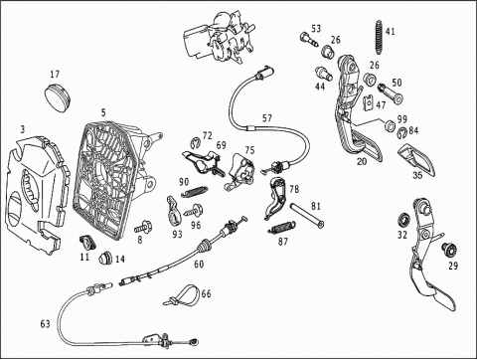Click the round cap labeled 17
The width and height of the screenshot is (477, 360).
pyautogui.click(x=58, y=97)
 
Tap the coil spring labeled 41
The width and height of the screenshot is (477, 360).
pyautogui.click(x=379, y=38)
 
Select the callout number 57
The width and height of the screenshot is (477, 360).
pyautogui.click(x=267, y=118)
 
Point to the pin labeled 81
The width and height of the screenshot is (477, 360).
pyautogui.click(x=307, y=216)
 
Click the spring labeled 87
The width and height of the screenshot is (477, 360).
pyautogui.click(x=282, y=228)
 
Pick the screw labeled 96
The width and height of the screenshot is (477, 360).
pyautogui.click(x=195, y=210)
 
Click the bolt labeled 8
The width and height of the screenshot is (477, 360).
pyautogui.click(x=143, y=228)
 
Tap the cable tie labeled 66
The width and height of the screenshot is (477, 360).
pyautogui.click(x=182, y=294)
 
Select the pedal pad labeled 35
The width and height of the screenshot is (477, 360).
pyautogui.click(x=416, y=158)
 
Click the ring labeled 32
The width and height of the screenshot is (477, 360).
pyautogui.click(x=403, y=219)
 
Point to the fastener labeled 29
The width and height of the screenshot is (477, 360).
pyautogui.click(x=449, y=250)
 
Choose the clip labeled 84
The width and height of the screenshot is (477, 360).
pyautogui.click(x=401, y=132)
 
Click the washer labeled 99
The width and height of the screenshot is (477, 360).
pyautogui.click(x=390, y=125)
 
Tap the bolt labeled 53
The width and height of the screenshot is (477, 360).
pyautogui.click(x=309, y=39)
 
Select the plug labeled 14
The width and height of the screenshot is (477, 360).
pyautogui.click(x=105, y=258)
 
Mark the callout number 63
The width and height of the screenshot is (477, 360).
pyautogui.click(x=46, y=323)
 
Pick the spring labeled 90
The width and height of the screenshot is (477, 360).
pyautogui.click(x=195, y=191)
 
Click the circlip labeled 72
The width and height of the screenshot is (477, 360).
pyautogui.click(x=196, y=143)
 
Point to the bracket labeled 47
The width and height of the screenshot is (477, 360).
pyautogui.click(x=370, y=102)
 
